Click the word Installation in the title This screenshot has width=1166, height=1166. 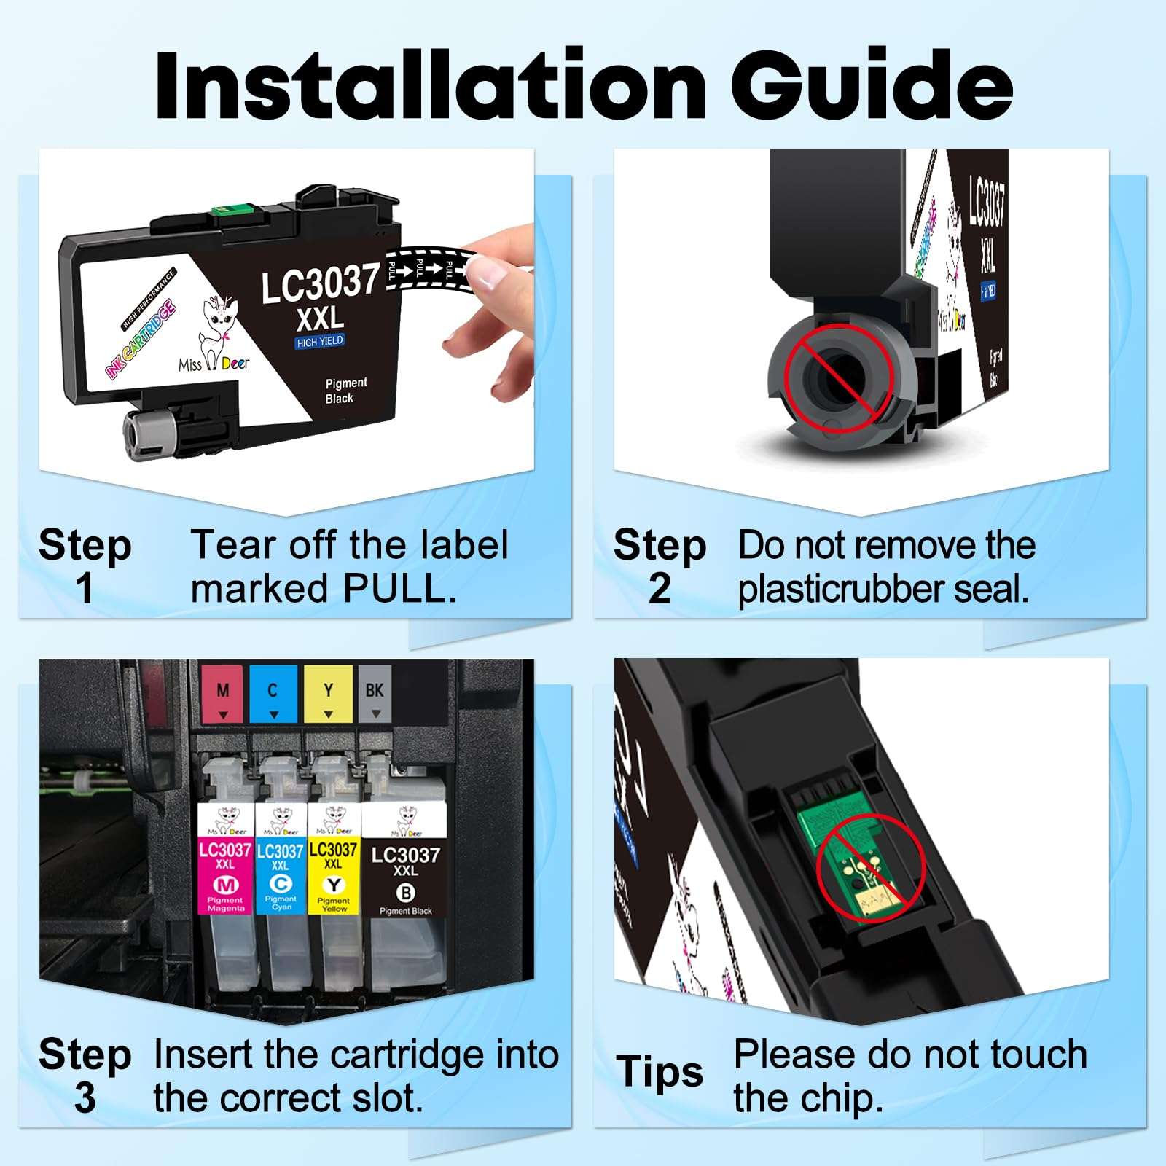(430, 86)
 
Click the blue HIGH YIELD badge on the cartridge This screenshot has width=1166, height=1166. (319, 342)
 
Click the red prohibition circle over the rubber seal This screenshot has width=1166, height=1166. (838, 379)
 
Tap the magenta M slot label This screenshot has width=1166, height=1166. (223, 693)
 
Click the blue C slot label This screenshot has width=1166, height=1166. (273, 693)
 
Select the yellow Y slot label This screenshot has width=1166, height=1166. (328, 693)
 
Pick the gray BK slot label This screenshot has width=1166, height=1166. (375, 693)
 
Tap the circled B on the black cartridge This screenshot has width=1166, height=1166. (405, 892)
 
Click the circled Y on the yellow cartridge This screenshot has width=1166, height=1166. (334, 885)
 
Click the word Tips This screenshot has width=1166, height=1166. (660, 1072)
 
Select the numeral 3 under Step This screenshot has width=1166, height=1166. (85, 1098)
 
